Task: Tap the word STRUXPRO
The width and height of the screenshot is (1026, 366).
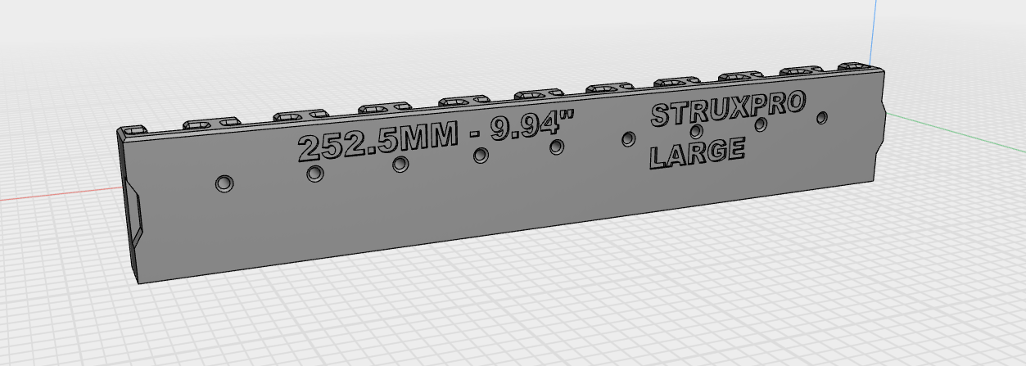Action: coord(728,111)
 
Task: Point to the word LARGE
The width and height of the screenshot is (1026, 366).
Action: coord(696,152)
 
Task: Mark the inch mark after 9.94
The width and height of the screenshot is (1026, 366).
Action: coord(567,122)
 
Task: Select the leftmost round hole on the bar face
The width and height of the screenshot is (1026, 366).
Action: coord(224,183)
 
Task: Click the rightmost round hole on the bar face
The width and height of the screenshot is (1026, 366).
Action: coord(822,118)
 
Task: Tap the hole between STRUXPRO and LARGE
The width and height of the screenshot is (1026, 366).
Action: coord(696,131)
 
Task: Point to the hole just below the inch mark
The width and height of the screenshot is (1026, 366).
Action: coord(557,147)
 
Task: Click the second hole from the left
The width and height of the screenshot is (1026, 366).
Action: coord(314,174)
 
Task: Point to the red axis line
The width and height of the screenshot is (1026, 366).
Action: coord(49,197)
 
